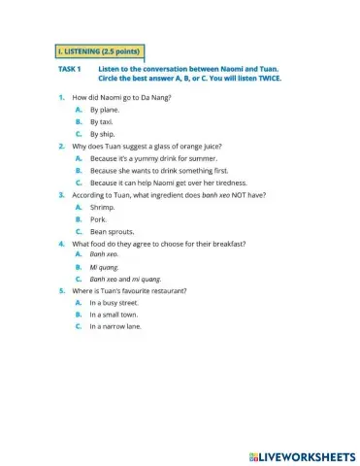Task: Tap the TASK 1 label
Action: [70, 70]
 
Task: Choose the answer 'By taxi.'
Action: [101, 121]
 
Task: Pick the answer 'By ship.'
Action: [101, 134]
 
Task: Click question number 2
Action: [61, 146]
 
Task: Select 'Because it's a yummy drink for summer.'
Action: [153, 157]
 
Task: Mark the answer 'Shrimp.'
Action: [102, 207]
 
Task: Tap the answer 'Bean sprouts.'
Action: [111, 231]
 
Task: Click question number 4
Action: [61, 243]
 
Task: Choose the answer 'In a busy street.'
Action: [120, 303]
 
